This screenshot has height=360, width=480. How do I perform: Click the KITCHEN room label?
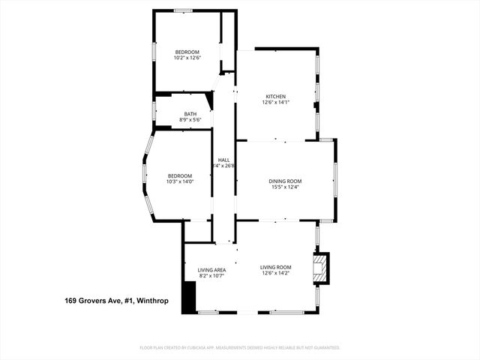pos(275,96)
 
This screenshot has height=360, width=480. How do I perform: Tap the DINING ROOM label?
pos(285,181)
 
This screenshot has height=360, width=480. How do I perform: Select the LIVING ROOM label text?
pos(275,267)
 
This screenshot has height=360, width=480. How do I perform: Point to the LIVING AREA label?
pos(211,269)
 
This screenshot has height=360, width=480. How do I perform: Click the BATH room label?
pos(190,114)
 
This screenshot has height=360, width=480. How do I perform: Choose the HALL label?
pos(223,160)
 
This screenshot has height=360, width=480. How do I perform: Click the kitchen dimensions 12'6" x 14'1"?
pos(275,103)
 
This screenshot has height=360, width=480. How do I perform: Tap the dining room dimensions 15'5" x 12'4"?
pos(285,187)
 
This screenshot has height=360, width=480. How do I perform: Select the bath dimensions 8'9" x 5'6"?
pos(190,120)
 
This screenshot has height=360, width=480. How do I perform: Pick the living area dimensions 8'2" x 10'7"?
pos(211,276)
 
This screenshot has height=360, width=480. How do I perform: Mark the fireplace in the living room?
pos(320,268)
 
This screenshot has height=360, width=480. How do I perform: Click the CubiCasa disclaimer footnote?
pos(240,347)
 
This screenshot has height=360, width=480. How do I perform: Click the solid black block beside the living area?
pos(189,295)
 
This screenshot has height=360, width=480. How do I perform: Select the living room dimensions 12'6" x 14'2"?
pos(275,274)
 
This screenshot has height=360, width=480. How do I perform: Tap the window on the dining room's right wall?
pos(334,180)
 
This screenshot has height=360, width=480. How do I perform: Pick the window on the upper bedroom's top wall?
pos(184,10)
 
